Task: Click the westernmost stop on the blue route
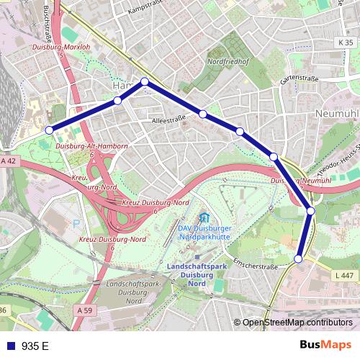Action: [49, 130]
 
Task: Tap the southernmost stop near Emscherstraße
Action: [299, 258]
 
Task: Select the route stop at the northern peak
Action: [145, 81]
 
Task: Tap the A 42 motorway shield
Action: [8, 162]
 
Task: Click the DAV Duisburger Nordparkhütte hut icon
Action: [204, 217]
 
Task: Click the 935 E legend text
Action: [35, 346]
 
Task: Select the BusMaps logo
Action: [325, 345]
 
